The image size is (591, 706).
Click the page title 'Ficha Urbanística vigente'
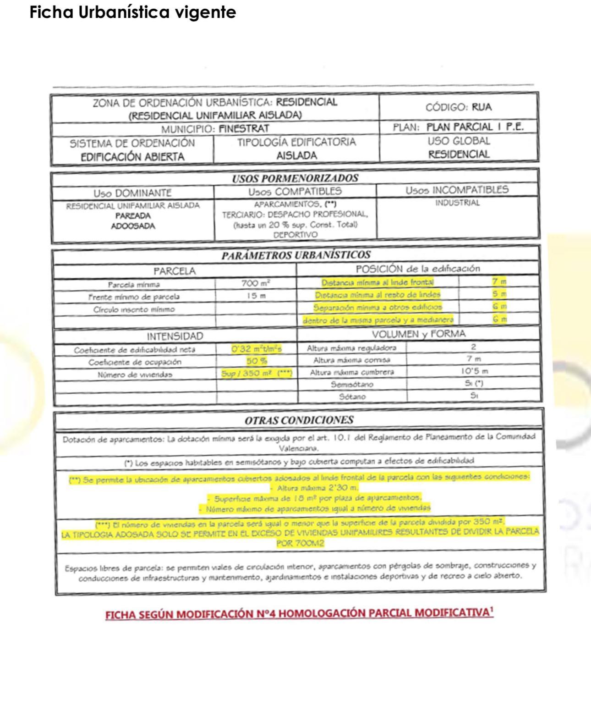pyautogui.click(x=132, y=12)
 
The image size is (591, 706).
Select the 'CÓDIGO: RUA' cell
pyautogui.click(x=458, y=107)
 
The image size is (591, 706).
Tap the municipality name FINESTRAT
pyautogui.click(x=244, y=129)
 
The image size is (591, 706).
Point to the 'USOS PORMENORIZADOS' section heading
pyautogui.click(x=295, y=178)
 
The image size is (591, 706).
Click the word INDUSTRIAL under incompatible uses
pyautogui.click(x=457, y=203)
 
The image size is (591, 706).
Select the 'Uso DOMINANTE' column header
pyautogui.click(x=132, y=193)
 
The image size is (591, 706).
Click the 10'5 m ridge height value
pyautogui.click(x=474, y=371)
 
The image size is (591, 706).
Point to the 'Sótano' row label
pyautogui.click(x=352, y=397)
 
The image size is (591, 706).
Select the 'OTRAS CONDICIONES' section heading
pyautogui.click(x=299, y=420)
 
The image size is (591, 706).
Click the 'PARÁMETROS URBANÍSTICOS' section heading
pyautogui.click(x=296, y=255)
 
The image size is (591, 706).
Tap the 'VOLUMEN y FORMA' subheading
pyautogui.click(x=418, y=334)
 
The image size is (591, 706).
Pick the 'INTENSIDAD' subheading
pyautogui.click(x=175, y=336)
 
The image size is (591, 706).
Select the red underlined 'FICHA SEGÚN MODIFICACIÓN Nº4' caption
pyautogui.click(x=299, y=614)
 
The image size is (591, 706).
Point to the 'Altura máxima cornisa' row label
pyautogui.click(x=351, y=360)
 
